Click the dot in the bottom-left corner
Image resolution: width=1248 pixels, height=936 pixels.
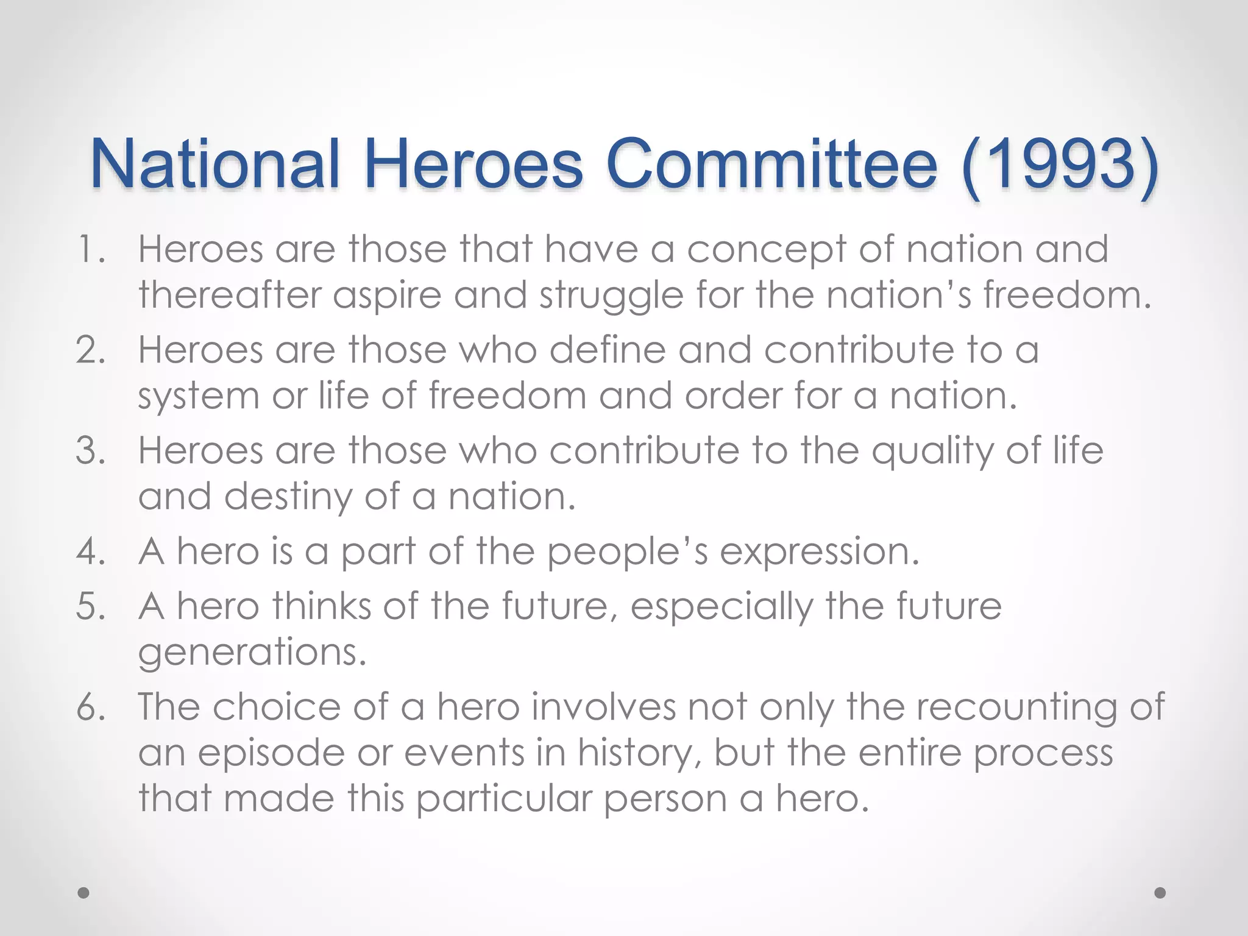tap(83, 893)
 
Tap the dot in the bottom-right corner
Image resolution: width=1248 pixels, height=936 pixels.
tap(1160, 893)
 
